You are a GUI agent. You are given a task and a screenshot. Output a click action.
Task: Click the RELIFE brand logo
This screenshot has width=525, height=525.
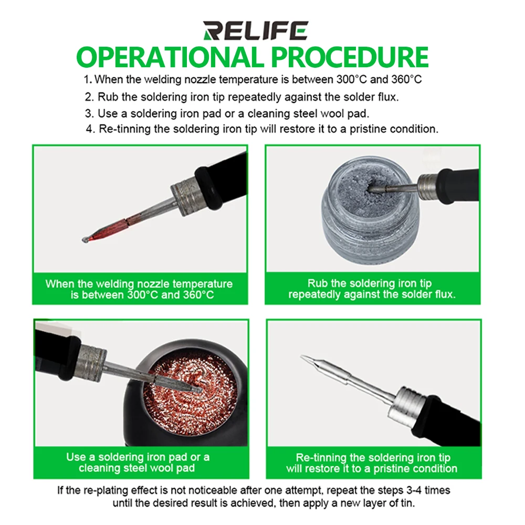tap(255, 30)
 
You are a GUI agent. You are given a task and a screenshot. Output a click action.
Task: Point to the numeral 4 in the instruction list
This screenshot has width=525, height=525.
tap(90, 129)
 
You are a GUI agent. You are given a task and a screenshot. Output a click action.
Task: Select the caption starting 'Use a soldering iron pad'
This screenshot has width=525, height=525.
tap(138, 457)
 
